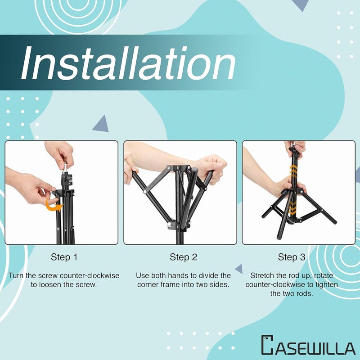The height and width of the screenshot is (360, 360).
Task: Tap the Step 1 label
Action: [64, 257]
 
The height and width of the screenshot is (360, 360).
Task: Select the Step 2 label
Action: [183, 257]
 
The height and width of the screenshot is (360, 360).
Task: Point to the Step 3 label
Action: [292, 257]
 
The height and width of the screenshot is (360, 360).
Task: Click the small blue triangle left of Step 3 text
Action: [239, 269]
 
